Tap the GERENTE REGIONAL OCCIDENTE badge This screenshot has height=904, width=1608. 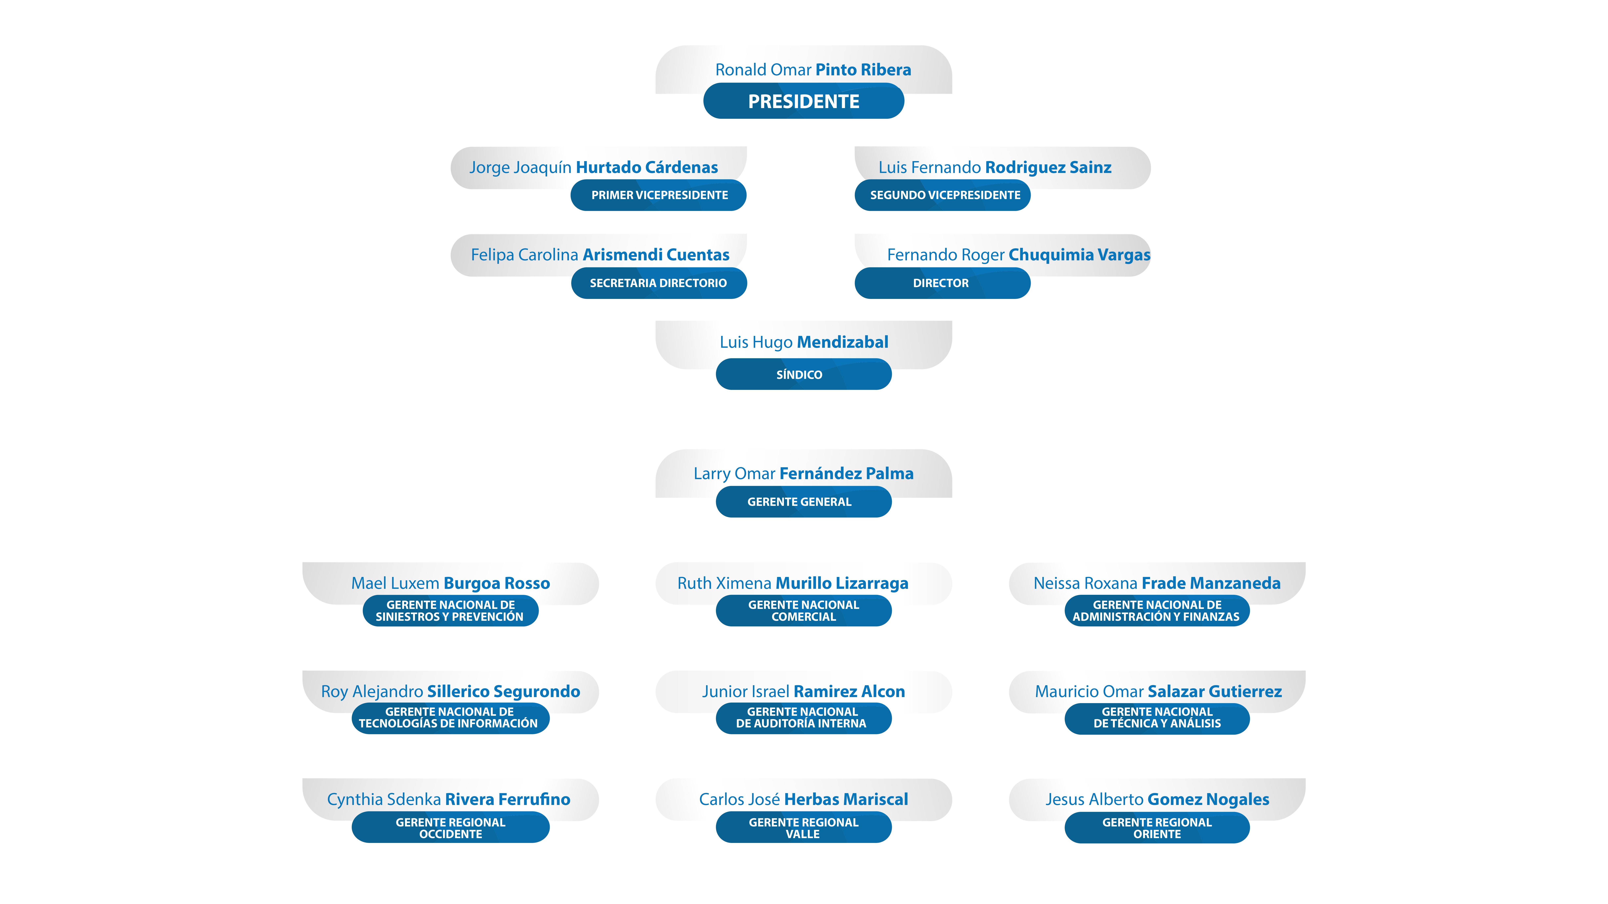[x=450, y=827]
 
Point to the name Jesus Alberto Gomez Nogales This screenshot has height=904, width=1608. [x=1157, y=799]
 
